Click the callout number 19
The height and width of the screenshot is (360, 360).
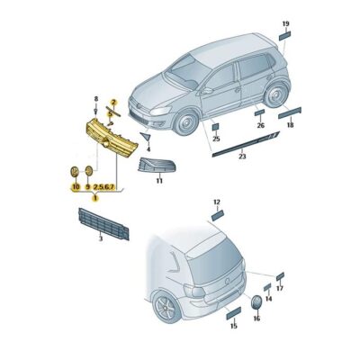click(x=285, y=23)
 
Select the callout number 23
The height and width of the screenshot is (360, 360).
click(x=242, y=157)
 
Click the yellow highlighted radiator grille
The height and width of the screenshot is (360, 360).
click(x=112, y=138)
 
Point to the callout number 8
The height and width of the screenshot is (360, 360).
click(x=96, y=99)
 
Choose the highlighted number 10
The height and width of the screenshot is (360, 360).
click(x=76, y=187)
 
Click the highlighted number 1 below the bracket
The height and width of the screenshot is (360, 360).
click(x=95, y=198)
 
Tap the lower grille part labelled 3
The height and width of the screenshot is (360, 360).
click(x=103, y=224)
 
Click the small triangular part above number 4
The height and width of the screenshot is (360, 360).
click(x=147, y=137)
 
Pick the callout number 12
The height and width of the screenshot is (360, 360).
click(x=217, y=202)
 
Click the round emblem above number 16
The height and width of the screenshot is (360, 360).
click(x=256, y=302)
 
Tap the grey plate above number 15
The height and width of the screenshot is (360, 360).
click(x=234, y=313)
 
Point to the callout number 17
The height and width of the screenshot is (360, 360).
click(x=280, y=288)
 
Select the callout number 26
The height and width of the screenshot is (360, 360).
click(x=261, y=125)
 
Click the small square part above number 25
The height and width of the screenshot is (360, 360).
click(x=216, y=127)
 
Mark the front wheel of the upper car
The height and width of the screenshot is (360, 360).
click(x=186, y=122)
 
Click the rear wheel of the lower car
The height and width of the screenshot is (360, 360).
click(x=166, y=308)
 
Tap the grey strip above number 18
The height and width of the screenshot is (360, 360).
click(x=290, y=112)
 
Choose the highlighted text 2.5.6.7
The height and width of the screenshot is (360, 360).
click(x=103, y=187)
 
